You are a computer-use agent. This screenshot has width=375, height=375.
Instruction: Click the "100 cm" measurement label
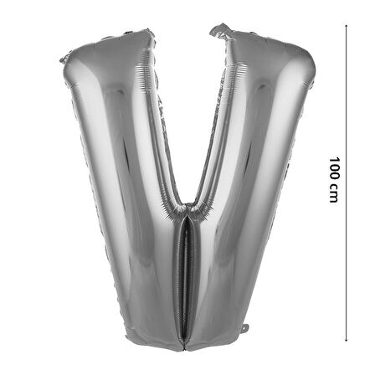click(x=335, y=179)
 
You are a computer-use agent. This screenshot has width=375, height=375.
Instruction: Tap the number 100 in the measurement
click(x=335, y=168)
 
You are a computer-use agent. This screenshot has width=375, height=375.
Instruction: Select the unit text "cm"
click(x=334, y=193)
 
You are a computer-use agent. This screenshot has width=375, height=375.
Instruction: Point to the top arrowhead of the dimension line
click(x=346, y=26)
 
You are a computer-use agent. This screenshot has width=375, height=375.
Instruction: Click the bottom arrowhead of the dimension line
click(x=346, y=340)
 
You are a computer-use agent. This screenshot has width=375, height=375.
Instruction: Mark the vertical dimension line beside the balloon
click(x=346, y=182)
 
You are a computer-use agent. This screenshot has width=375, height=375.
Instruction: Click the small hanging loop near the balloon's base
click(x=244, y=327)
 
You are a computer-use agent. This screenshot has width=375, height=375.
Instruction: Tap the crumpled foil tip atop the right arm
click(x=221, y=31)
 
